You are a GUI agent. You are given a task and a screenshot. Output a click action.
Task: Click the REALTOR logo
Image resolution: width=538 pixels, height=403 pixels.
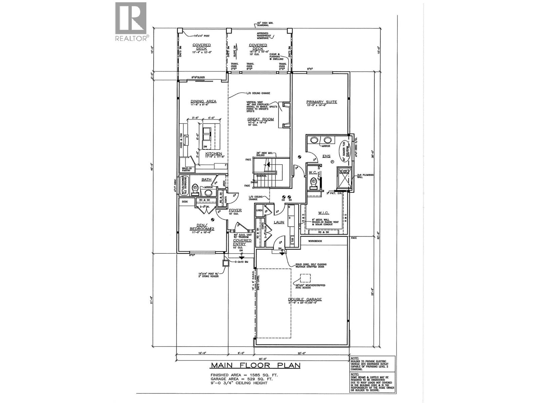[x=131, y=22]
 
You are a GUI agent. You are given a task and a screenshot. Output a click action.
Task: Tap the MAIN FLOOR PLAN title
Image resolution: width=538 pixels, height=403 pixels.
[x=255, y=365]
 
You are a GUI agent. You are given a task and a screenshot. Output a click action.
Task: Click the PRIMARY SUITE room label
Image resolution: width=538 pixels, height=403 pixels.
[x=321, y=102]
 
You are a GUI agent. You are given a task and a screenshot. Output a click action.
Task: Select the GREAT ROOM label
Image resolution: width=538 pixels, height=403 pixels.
[x=260, y=119]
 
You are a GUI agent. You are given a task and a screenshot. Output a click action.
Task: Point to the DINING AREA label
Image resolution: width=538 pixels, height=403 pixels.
[x=203, y=101]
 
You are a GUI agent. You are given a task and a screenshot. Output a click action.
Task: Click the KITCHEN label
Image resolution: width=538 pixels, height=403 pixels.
[x=214, y=154]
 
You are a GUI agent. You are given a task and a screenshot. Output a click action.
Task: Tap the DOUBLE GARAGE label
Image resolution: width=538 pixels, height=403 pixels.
[x=305, y=299]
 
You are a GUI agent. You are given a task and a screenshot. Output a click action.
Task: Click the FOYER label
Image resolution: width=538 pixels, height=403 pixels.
[x=236, y=210]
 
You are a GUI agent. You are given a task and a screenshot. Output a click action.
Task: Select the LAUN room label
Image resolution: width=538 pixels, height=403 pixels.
[x=279, y=222]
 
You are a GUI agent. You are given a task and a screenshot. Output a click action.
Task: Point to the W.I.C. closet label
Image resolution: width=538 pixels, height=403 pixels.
[x=323, y=213]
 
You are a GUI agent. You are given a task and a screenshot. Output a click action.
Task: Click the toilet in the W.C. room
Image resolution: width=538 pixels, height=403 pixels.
[x=313, y=182]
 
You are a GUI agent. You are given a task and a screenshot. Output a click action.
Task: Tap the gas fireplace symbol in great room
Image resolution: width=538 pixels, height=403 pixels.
[x=285, y=115]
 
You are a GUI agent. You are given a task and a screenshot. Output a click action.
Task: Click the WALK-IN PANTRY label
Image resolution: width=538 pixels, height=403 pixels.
[x=186, y=170]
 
